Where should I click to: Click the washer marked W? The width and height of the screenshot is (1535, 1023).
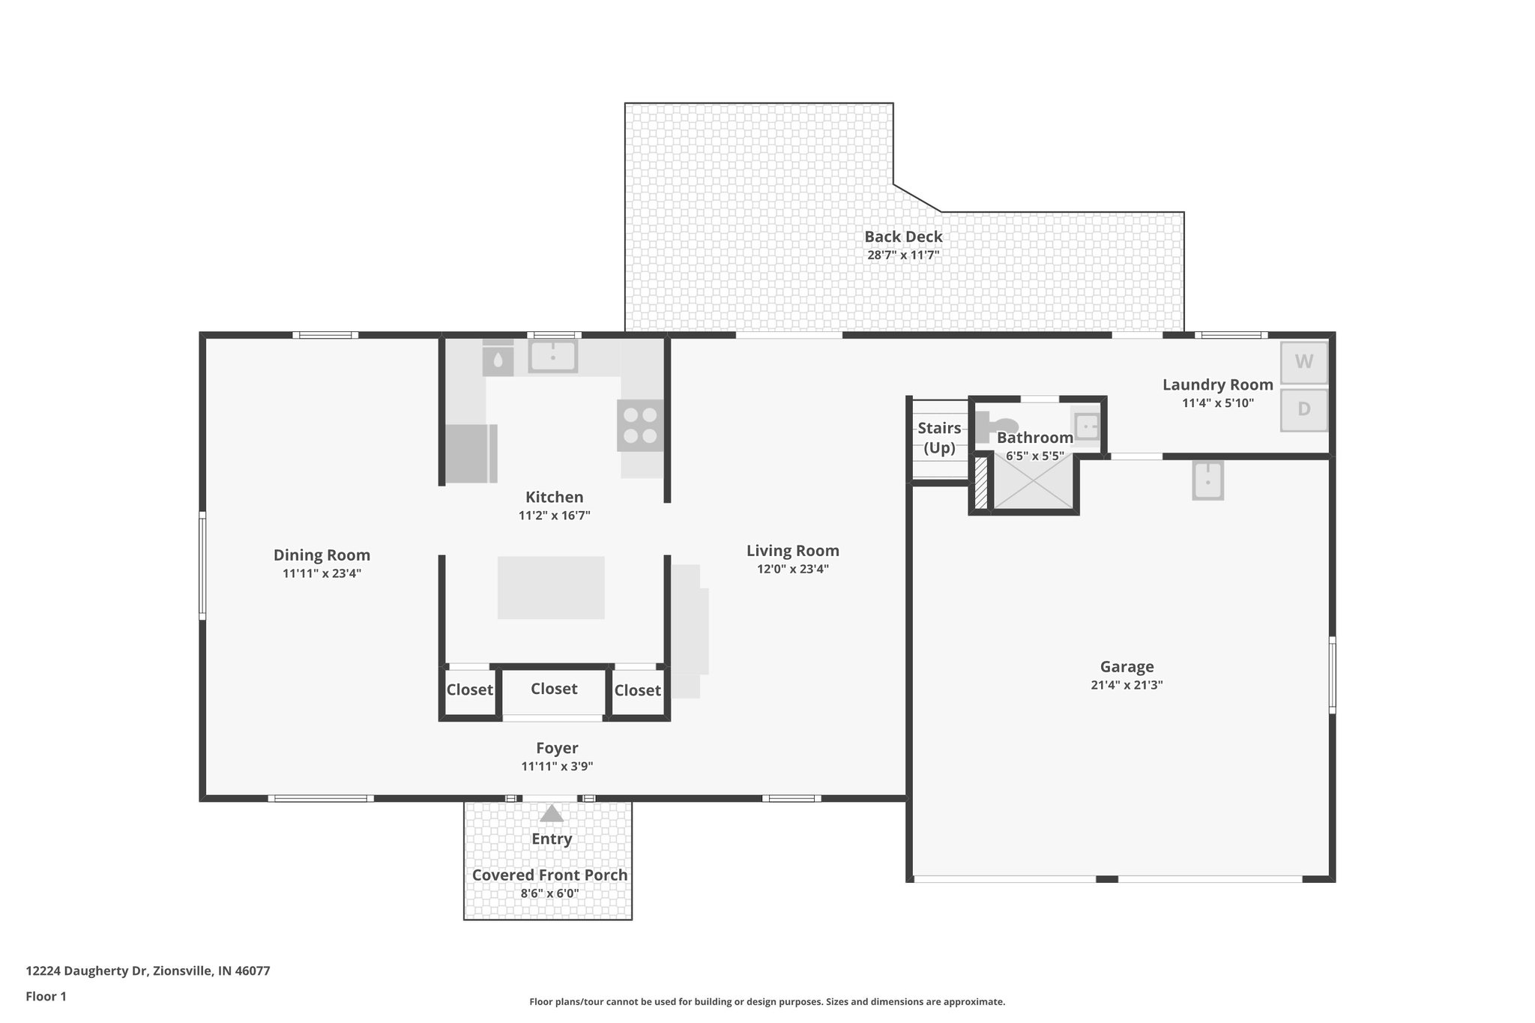1303,362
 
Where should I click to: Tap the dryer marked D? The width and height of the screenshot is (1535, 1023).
1303,409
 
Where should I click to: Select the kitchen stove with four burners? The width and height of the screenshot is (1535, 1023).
640,425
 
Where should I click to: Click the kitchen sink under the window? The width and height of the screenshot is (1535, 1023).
552,356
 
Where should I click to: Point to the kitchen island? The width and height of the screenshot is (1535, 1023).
551,587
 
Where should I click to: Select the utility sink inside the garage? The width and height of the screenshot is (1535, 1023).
1207,480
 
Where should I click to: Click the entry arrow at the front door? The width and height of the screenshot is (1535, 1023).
552,813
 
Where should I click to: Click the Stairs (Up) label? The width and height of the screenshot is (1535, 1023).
939,438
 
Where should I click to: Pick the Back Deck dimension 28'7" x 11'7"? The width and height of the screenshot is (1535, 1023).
903,255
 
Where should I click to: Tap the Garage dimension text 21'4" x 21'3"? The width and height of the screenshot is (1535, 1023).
1127,685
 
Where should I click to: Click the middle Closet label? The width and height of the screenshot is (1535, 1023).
554,689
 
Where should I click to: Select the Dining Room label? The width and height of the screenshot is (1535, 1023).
322,555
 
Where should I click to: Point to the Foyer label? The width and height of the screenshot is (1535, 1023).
557,748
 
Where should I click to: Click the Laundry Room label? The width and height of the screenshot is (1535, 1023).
1217,385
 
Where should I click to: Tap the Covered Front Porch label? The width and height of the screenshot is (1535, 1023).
549,875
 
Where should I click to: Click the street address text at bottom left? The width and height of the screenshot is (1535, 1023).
148,971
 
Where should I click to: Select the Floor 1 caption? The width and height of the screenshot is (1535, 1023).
46,997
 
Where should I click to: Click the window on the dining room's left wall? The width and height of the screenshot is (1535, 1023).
202,566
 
